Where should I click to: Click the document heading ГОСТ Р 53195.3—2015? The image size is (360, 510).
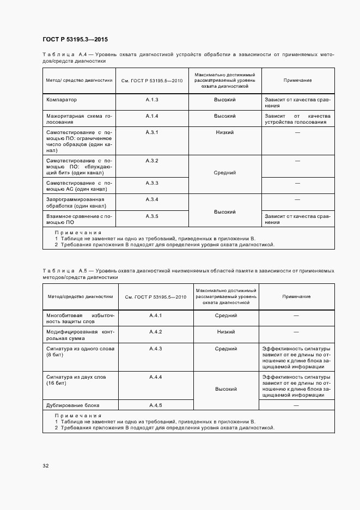pyautogui.click(x=71, y=40)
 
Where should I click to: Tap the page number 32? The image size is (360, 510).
pyautogui.click(x=45, y=465)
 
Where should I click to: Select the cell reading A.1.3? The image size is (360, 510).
pyautogui.click(x=151, y=100)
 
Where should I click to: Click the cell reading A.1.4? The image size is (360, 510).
pyautogui.click(x=151, y=116)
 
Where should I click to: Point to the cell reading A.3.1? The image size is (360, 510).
pyautogui.click(x=151, y=132)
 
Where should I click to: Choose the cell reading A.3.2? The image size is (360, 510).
pyautogui.click(x=151, y=160)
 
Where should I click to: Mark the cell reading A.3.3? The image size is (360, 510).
pyautogui.click(x=151, y=183)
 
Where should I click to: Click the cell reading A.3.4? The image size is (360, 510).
pyautogui.click(x=151, y=199)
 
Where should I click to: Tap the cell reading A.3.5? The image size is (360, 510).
pyautogui.click(x=151, y=216)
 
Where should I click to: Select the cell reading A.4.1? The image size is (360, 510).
pyautogui.click(x=156, y=315)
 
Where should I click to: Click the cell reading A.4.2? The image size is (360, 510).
pyautogui.click(x=156, y=332)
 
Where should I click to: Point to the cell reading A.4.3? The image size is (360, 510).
pyautogui.click(x=156, y=349)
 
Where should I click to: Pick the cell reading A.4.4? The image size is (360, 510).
pyautogui.click(x=156, y=377)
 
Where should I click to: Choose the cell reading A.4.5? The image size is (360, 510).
pyautogui.click(x=156, y=405)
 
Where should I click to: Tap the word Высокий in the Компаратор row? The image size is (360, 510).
pyautogui.click(x=224, y=100)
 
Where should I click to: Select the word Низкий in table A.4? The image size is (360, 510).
pyautogui.click(x=224, y=132)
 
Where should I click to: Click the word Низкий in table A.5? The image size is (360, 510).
pyautogui.click(x=225, y=332)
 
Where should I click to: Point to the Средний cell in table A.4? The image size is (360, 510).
pyautogui.click(x=224, y=172)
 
